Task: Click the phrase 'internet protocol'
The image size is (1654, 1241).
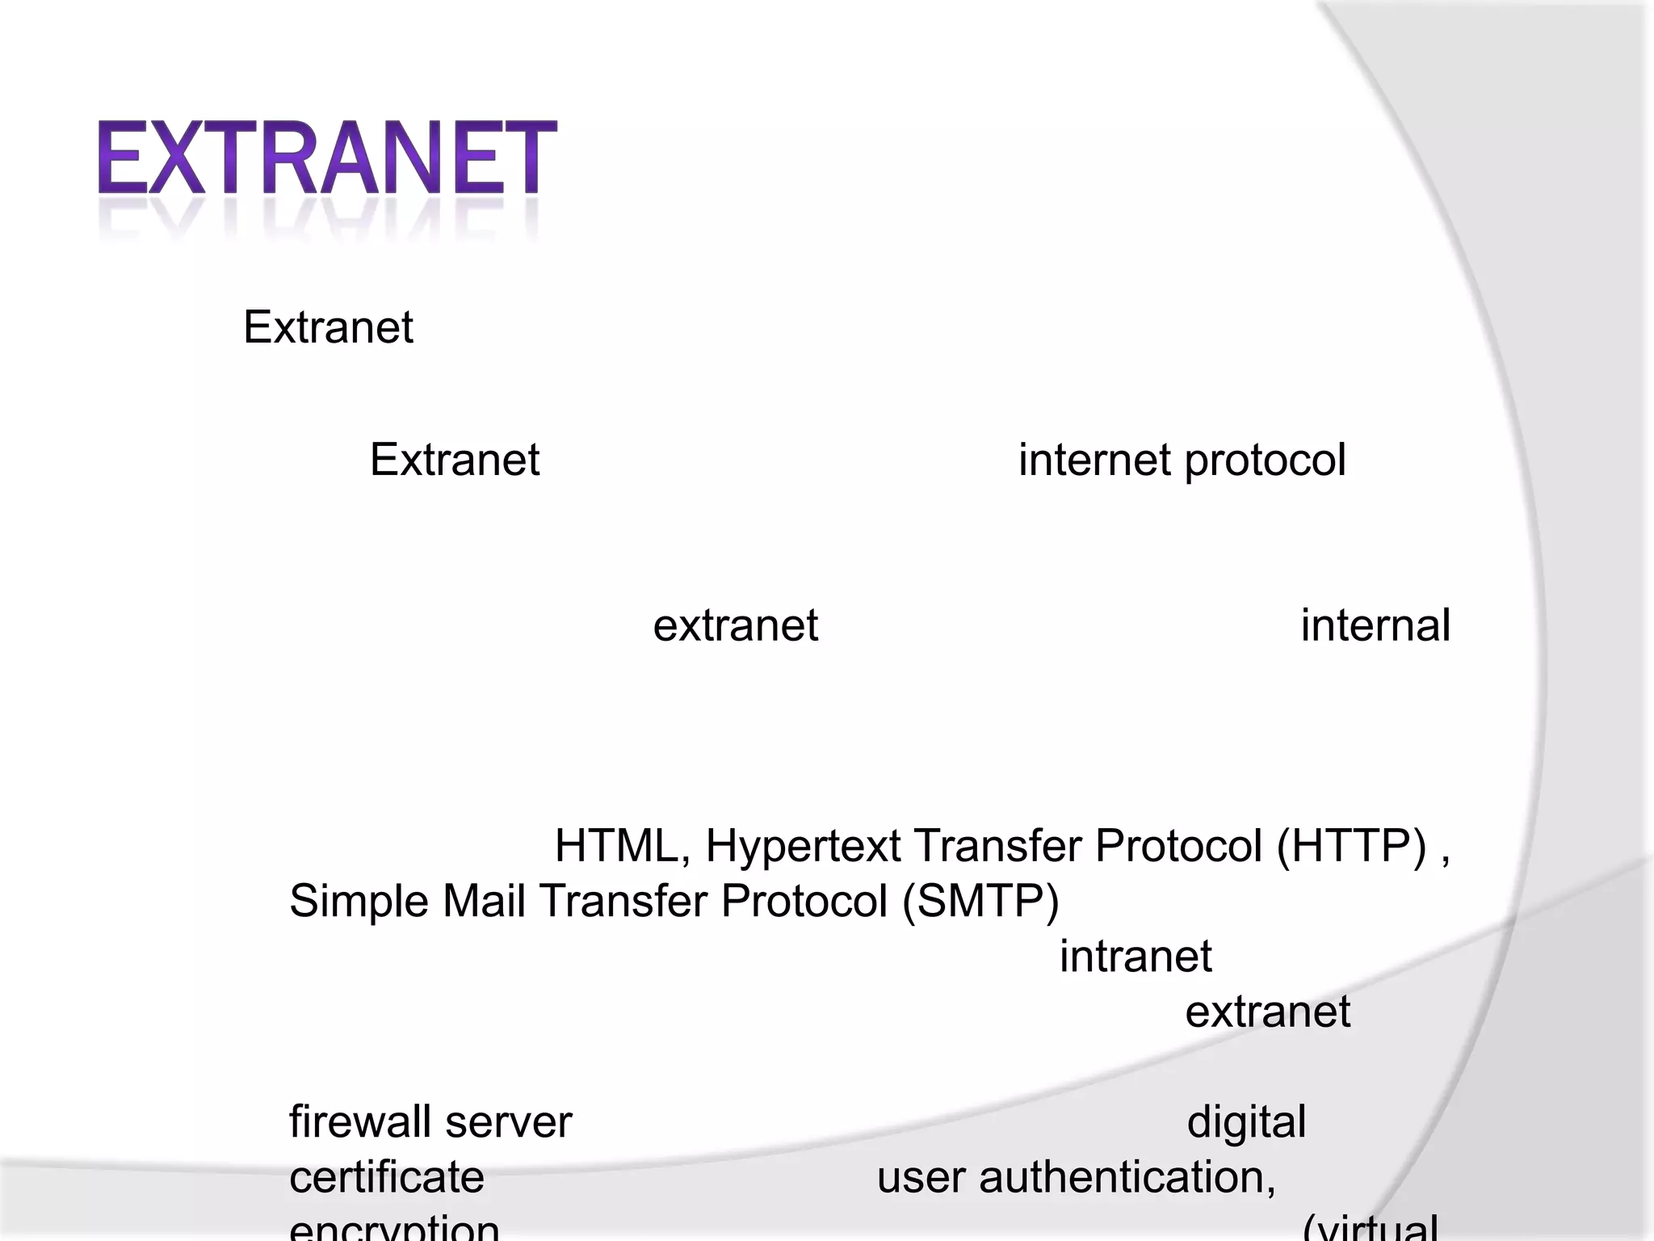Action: point(1182,461)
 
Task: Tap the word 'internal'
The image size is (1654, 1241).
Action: point(1375,626)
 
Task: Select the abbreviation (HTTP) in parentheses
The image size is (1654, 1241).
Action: point(1351,846)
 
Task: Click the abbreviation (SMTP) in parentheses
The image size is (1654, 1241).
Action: point(980,901)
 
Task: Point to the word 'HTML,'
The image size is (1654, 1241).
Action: point(622,847)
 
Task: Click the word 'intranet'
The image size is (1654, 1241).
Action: point(1135,957)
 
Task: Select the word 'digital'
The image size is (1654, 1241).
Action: point(1245,1123)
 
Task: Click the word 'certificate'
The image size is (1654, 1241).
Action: point(386,1177)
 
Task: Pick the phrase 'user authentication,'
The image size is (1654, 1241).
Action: point(1076,1177)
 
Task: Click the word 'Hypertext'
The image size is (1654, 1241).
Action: point(803,847)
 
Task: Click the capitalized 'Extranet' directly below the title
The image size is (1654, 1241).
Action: point(328,327)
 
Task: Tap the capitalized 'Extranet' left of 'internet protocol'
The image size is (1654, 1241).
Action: point(454,461)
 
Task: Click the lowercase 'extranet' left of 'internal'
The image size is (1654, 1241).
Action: point(735,626)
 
